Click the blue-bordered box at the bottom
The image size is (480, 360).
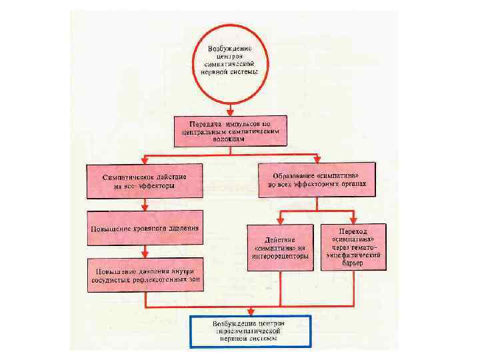(x=250, y=331)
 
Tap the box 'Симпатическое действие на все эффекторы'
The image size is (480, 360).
(x=144, y=181)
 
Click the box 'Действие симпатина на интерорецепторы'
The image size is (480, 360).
(x=280, y=247)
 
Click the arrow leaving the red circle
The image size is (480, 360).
(x=229, y=107)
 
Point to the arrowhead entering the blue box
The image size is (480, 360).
(x=250, y=311)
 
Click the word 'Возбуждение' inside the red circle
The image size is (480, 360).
(x=229, y=50)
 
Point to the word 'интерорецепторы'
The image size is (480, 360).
(x=280, y=255)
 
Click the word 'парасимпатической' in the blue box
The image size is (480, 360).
(x=250, y=331)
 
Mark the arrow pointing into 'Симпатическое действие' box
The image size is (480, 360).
(x=144, y=161)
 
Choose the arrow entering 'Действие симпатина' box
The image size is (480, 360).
(x=280, y=219)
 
